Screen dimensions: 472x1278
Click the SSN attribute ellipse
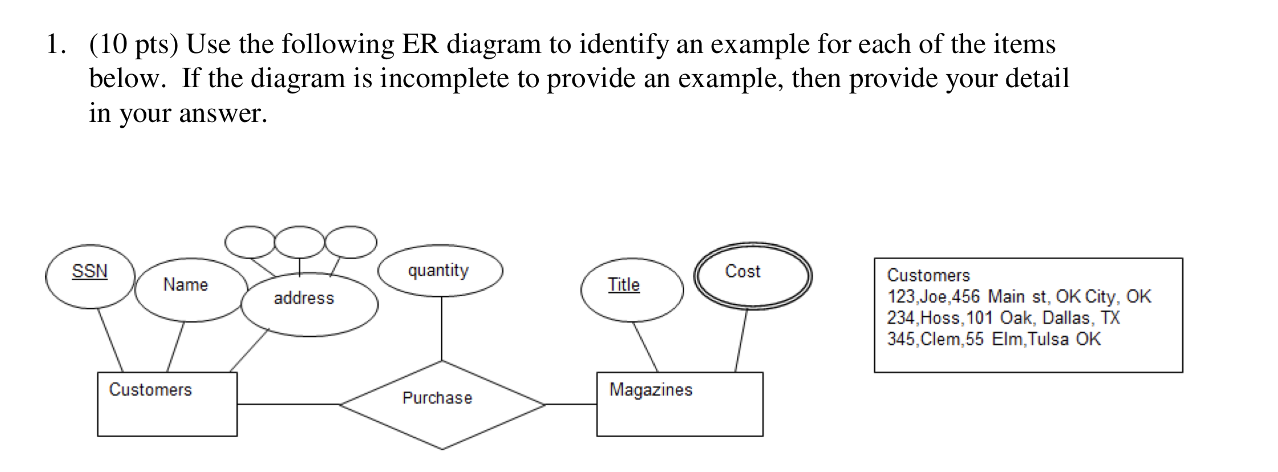[90, 276]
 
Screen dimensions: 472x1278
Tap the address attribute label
[304, 298]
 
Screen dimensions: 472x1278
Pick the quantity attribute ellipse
[440, 271]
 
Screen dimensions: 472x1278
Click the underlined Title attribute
[624, 284]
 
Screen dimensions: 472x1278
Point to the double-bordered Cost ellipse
[752, 275]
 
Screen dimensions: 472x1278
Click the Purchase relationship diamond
[441, 405]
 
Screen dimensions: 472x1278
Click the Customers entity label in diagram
[150, 390]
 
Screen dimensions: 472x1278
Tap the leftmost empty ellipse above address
[250, 242]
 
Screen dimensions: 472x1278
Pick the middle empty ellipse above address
[300, 242]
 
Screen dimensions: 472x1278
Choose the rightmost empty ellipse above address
[350, 242]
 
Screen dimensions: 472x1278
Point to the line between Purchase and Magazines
[571, 404]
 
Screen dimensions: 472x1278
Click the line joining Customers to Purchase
[288, 404]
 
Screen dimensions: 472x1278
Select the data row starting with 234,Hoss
[1002, 318]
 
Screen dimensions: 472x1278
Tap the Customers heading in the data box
[928, 275]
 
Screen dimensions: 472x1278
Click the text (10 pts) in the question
[134, 44]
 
